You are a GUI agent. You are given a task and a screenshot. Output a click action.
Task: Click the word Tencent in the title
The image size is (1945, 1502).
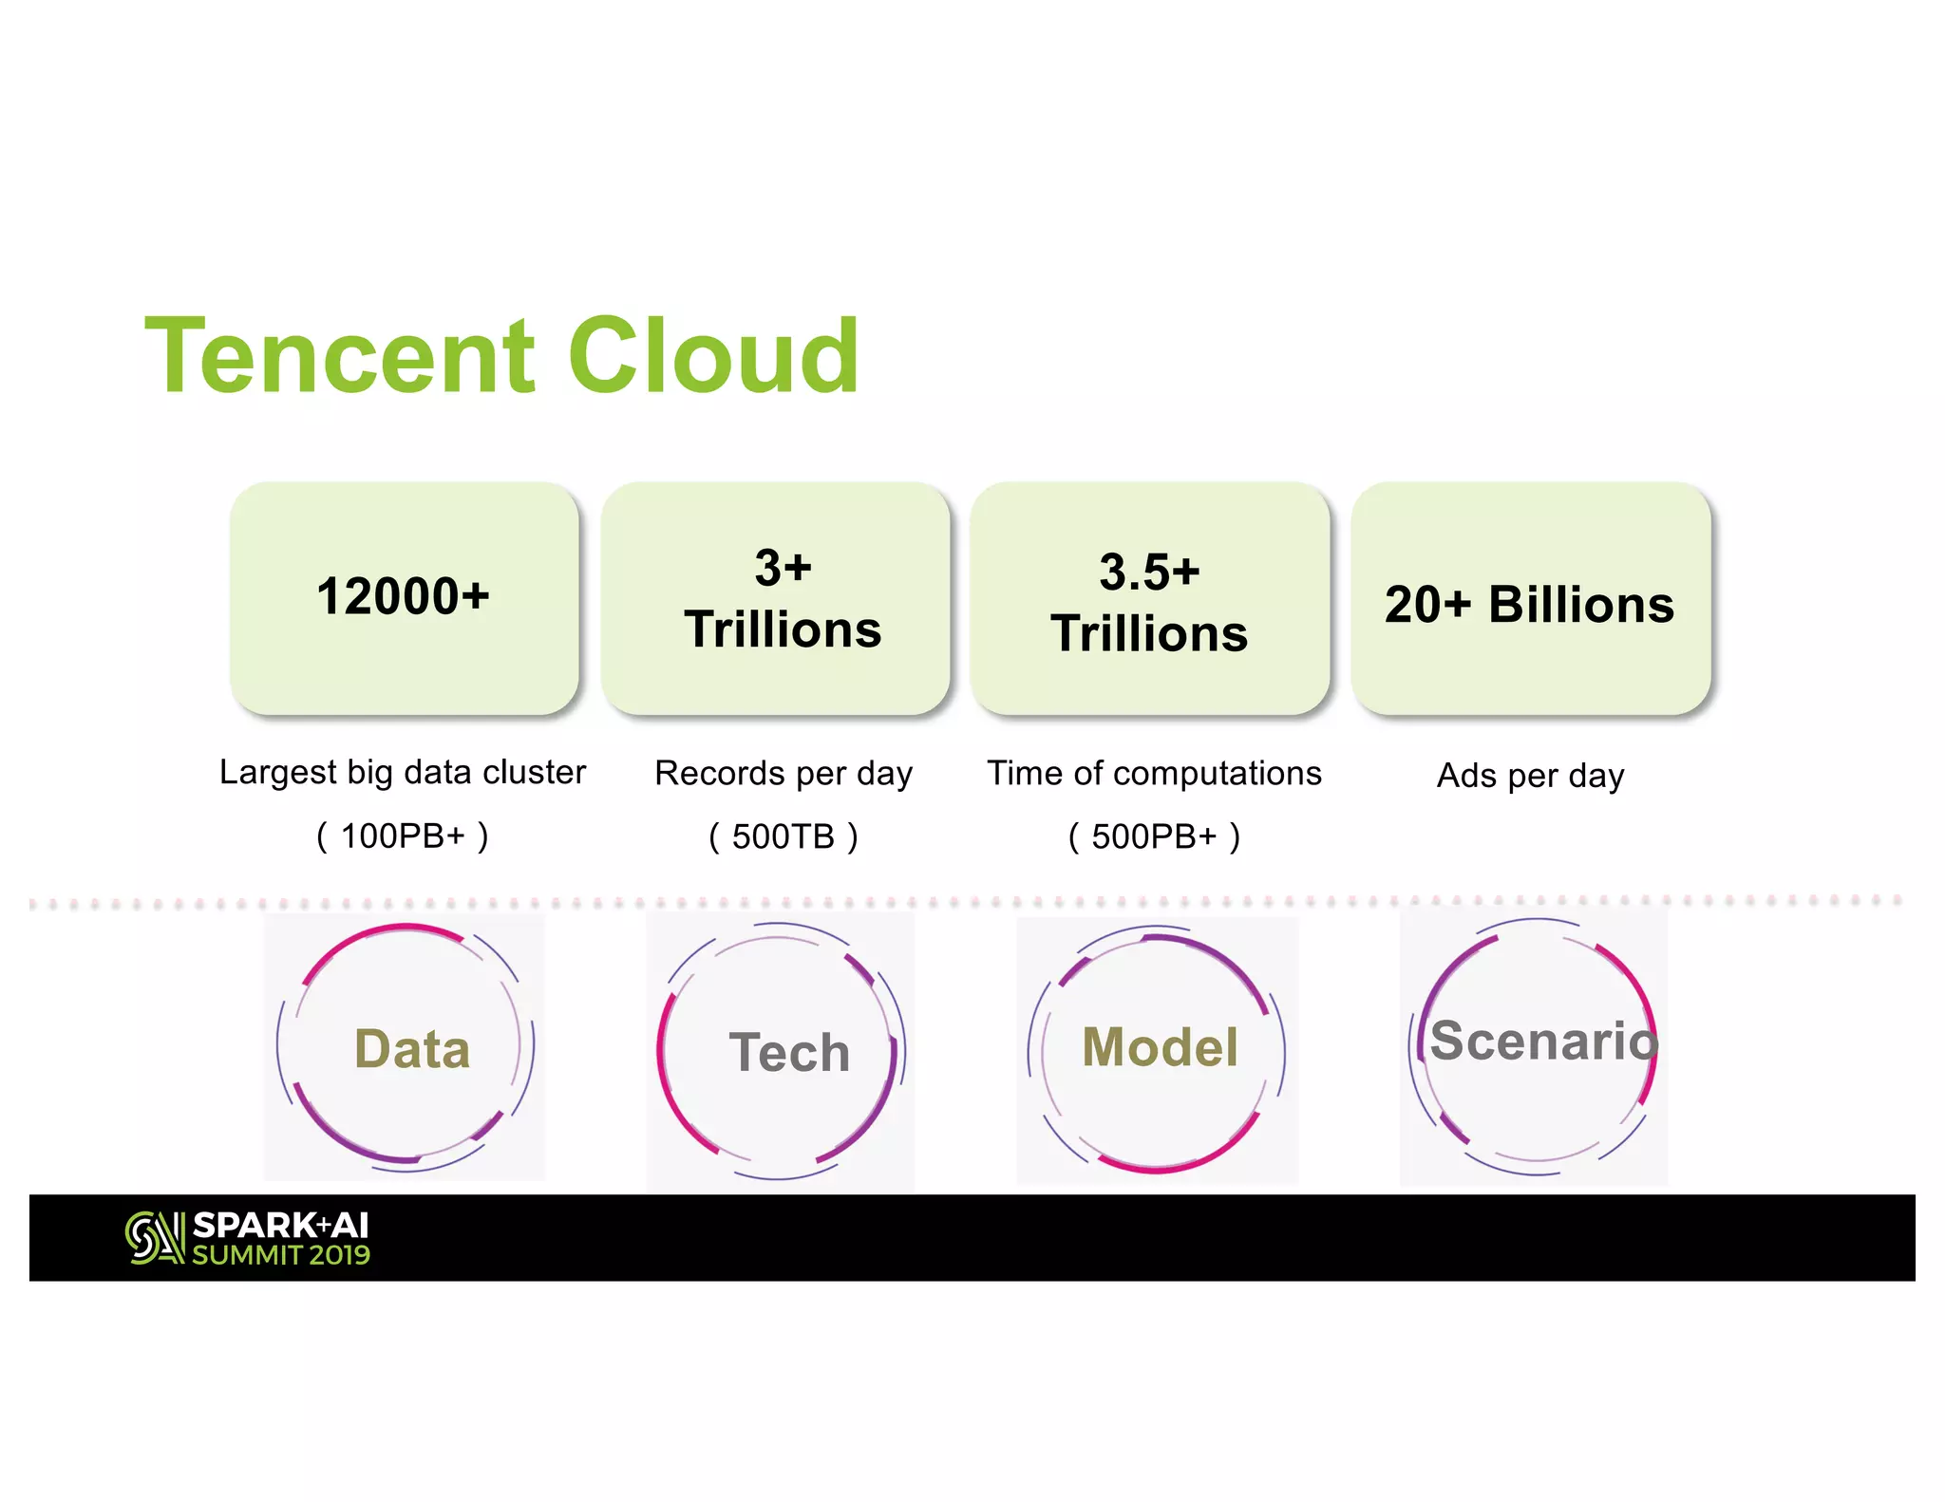pyautogui.click(x=340, y=357)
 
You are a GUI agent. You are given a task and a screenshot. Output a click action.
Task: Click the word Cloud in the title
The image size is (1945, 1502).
pyautogui.click(x=713, y=357)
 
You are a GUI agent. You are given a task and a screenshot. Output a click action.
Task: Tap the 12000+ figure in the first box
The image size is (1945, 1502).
pyautogui.click(x=403, y=597)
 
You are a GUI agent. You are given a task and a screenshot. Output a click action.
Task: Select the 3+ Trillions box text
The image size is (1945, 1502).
pyautogui.click(x=783, y=599)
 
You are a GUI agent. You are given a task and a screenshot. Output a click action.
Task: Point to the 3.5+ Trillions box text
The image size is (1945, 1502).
pyautogui.click(x=1149, y=603)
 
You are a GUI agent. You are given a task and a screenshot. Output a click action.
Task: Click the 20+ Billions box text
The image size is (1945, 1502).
pyautogui.click(x=1529, y=605)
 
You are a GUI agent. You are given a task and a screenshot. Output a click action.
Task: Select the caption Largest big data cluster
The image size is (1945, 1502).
pyautogui.click(x=403, y=773)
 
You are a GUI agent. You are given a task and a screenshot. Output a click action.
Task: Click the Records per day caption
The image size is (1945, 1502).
pyautogui.click(x=784, y=774)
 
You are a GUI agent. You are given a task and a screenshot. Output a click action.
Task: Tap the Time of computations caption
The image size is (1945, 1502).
pyautogui.click(x=1154, y=774)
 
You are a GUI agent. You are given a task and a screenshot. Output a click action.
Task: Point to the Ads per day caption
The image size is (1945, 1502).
pyautogui.click(x=1530, y=776)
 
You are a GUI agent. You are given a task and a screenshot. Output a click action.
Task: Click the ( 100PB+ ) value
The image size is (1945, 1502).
pyautogui.click(x=403, y=836)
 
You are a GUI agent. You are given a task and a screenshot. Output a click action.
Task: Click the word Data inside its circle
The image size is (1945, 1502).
pyautogui.click(x=412, y=1050)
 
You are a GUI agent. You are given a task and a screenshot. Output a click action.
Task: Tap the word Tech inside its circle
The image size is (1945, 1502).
pyautogui.click(x=789, y=1053)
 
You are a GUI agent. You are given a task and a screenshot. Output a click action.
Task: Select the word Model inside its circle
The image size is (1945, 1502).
pyautogui.click(x=1160, y=1048)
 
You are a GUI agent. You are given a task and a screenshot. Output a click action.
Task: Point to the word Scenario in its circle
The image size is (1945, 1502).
pyautogui.click(x=1543, y=1042)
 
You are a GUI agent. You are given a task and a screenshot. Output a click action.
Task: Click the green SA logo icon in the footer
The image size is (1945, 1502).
pyautogui.click(x=154, y=1238)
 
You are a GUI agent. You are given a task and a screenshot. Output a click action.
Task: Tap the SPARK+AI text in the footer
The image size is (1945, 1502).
pyautogui.click(x=280, y=1226)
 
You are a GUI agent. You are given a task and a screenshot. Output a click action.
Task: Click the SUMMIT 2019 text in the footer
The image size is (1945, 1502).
pyautogui.click(x=281, y=1255)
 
